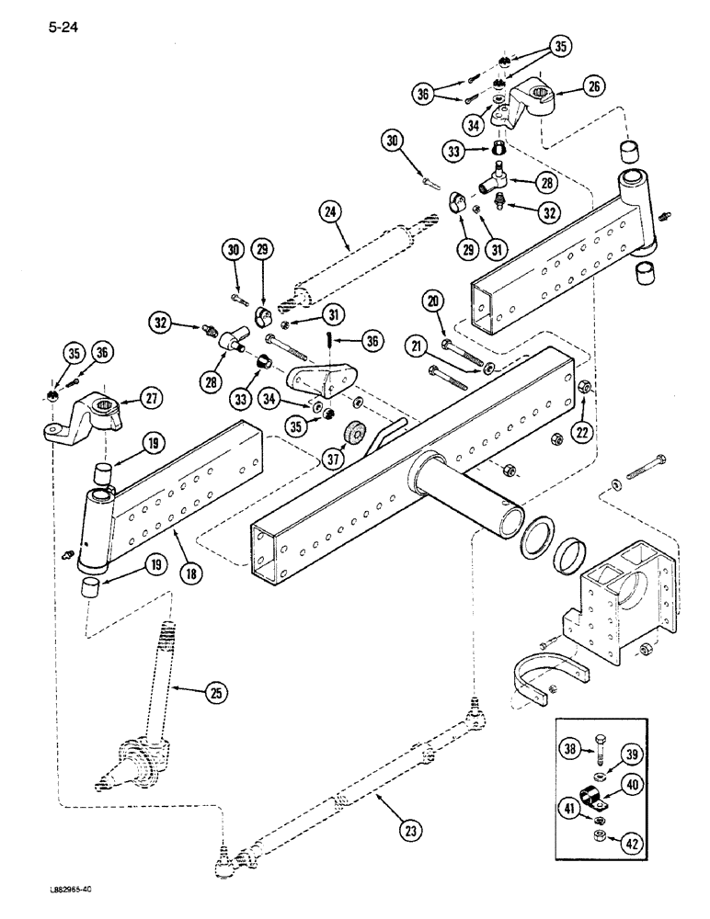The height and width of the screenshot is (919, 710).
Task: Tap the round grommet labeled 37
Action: [x=354, y=434]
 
